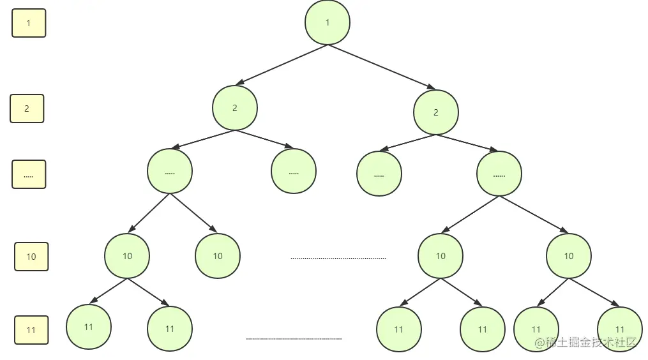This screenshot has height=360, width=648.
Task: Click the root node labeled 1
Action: pos(328,22)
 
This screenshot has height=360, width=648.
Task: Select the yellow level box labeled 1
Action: pos(29,23)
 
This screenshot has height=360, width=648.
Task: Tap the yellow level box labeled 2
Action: pos(27,109)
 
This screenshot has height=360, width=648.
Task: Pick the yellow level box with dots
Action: pos(29,174)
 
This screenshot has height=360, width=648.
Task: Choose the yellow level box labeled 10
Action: pos(31,257)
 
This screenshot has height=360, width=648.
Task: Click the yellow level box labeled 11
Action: pos(31,330)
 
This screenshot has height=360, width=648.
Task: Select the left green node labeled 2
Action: pos(235,108)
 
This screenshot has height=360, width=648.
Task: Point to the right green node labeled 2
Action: pos(436,112)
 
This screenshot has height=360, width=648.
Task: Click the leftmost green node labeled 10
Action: pos(127,256)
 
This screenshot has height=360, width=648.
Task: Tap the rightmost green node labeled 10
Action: pos(569,256)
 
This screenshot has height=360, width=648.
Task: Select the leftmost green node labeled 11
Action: pos(89,327)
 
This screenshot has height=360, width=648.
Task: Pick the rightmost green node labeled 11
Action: pos(620,329)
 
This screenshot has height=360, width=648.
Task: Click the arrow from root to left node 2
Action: pos(281,64)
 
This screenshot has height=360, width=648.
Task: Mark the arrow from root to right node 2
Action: pos(382,66)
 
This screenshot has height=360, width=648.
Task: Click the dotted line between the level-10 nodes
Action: pos(338,259)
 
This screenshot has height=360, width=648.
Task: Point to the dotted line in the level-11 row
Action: pos(294,339)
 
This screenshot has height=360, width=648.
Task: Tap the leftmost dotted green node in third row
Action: pos(170,172)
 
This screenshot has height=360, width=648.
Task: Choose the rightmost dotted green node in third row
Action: pos(499,174)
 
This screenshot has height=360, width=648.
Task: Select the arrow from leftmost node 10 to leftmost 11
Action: pos(109,290)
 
